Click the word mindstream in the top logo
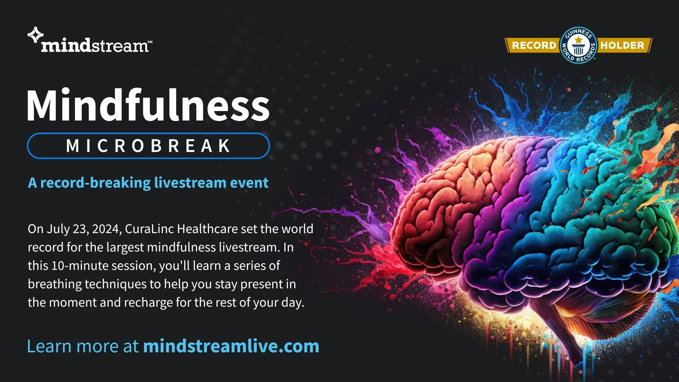95,46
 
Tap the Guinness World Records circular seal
578,45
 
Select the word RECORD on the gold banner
534,45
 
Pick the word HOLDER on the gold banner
622,45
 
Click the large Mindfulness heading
148,105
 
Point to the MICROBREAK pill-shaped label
149,146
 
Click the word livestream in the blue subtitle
190,183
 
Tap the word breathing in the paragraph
55,284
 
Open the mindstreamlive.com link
231,346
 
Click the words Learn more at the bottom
83,346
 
